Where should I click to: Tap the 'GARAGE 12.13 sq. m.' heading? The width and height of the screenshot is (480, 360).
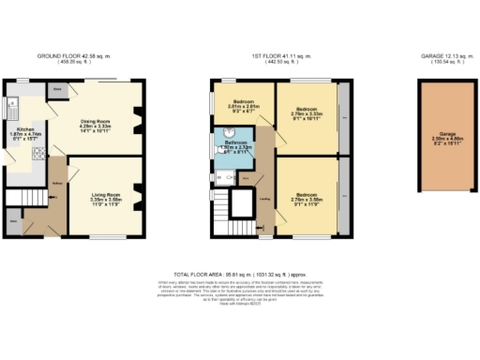(439, 57)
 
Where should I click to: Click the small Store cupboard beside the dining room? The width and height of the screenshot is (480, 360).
(57, 91)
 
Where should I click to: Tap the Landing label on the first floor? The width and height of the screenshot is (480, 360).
(265, 198)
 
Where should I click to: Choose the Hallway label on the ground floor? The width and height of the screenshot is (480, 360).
(57, 170)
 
